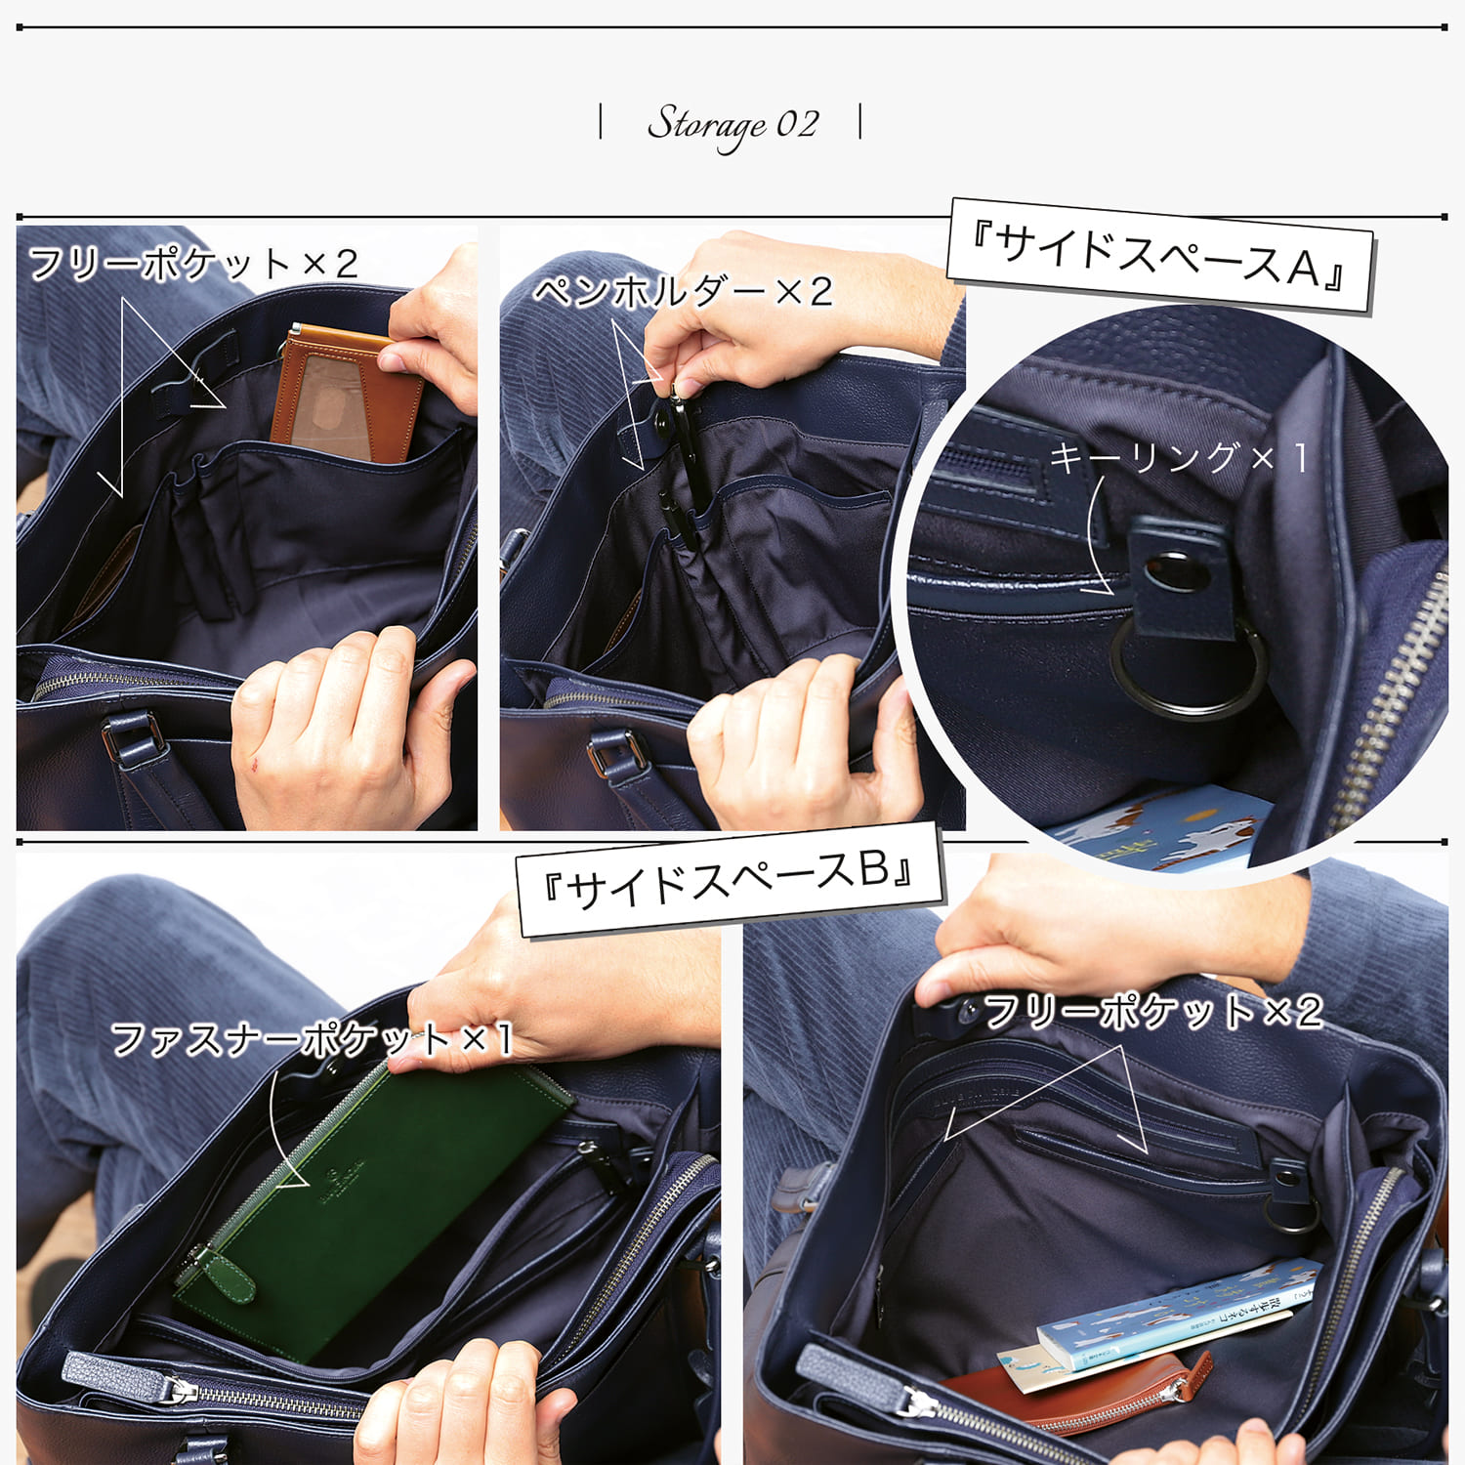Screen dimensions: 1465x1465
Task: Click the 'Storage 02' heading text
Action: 732,125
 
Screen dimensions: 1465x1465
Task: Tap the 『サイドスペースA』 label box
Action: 1160,255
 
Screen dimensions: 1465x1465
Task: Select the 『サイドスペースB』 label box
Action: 729,879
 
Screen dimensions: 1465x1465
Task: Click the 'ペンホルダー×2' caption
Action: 683,291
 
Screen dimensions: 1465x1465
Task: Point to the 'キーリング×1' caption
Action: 1178,457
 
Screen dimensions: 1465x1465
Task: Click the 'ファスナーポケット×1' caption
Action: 312,1038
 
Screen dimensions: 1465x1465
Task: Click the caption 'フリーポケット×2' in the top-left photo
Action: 193,264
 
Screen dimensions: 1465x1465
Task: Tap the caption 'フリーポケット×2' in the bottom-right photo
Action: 1152,1012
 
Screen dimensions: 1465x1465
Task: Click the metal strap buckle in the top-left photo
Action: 134,734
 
